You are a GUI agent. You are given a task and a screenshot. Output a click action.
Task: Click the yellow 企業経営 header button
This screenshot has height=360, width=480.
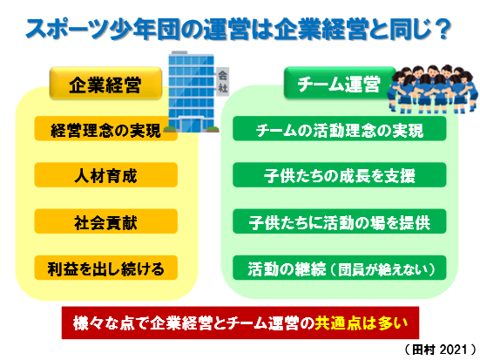tap(105, 84)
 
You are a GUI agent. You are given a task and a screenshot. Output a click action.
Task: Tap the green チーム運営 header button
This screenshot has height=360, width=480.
tap(339, 84)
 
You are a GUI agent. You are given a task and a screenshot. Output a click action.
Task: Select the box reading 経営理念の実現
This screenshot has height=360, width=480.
tap(106, 129)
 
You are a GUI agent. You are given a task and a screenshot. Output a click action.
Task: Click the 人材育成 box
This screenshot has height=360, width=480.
tap(106, 175)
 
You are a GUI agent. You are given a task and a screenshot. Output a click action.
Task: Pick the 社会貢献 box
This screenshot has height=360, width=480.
tap(106, 221)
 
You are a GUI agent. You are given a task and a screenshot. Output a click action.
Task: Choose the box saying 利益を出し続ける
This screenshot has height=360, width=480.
tap(106, 268)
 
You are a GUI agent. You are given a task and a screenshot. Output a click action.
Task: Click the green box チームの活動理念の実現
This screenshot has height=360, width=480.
tap(340, 129)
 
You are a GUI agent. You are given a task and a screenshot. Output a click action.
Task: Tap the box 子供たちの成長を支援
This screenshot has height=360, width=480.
tap(340, 175)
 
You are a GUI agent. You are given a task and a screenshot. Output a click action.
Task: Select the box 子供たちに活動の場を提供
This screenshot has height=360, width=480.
tap(340, 221)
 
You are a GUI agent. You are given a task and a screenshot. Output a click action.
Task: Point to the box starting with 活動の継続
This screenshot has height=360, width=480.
tap(340, 268)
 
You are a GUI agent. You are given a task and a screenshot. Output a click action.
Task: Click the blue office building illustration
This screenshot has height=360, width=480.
tap(192, 92)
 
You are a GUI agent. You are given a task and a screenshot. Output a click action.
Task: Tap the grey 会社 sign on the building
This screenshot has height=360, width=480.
tap(222, 81)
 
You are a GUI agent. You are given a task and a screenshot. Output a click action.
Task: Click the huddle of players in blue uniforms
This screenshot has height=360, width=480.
tap(432, 89)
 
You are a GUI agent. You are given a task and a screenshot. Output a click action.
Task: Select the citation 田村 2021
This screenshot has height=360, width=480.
tap(440, 350)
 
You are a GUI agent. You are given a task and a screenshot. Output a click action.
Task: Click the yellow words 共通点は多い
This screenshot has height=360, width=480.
tap(362, 323)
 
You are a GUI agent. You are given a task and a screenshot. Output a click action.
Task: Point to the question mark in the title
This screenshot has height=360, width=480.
tap(443, 30)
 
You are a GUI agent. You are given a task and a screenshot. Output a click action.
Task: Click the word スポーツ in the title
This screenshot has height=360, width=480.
tap(67, 30)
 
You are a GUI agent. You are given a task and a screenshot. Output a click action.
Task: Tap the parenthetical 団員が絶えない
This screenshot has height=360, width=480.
tap(382, 269)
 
